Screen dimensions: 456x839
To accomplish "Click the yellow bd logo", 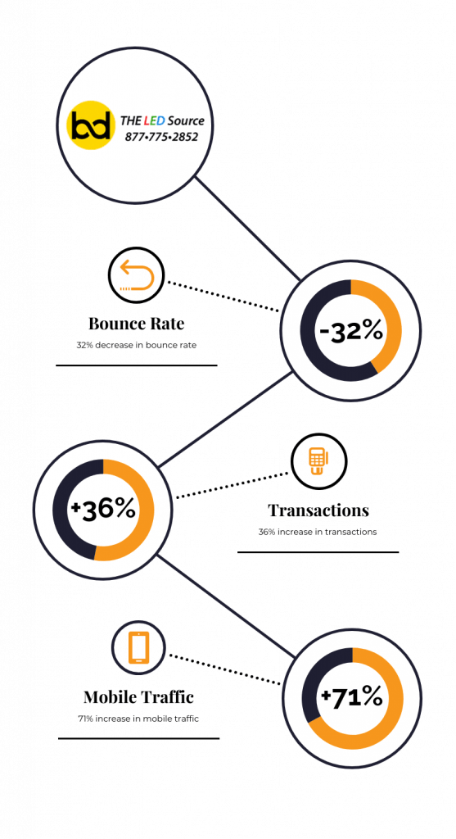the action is tap(91, 125).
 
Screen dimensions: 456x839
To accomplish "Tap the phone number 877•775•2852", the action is tap(161, 137).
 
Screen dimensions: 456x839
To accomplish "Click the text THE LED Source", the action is tap(162, 121).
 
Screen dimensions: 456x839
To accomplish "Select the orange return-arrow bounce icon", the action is tap(138, 275).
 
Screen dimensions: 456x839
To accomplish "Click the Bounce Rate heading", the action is tap(137, 324).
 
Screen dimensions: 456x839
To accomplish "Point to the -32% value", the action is tap(350, 332).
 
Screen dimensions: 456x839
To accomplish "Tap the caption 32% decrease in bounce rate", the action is tap(137, 345).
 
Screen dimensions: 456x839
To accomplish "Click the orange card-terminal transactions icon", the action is tap(318, 461).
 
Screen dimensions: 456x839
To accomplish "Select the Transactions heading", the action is tap(318, 510).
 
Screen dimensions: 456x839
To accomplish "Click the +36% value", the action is tap(102, 509).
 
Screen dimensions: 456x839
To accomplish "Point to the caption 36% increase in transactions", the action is tap(318, 532).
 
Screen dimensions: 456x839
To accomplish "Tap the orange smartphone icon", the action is tap(139, 648).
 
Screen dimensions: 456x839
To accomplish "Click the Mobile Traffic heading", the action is tap(138, 697).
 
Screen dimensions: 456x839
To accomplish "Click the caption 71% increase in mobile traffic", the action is tap(138, 719).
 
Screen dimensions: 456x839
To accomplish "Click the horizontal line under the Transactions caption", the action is tap(318, 551).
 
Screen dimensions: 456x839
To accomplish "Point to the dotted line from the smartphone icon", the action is tap(224, 669).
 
